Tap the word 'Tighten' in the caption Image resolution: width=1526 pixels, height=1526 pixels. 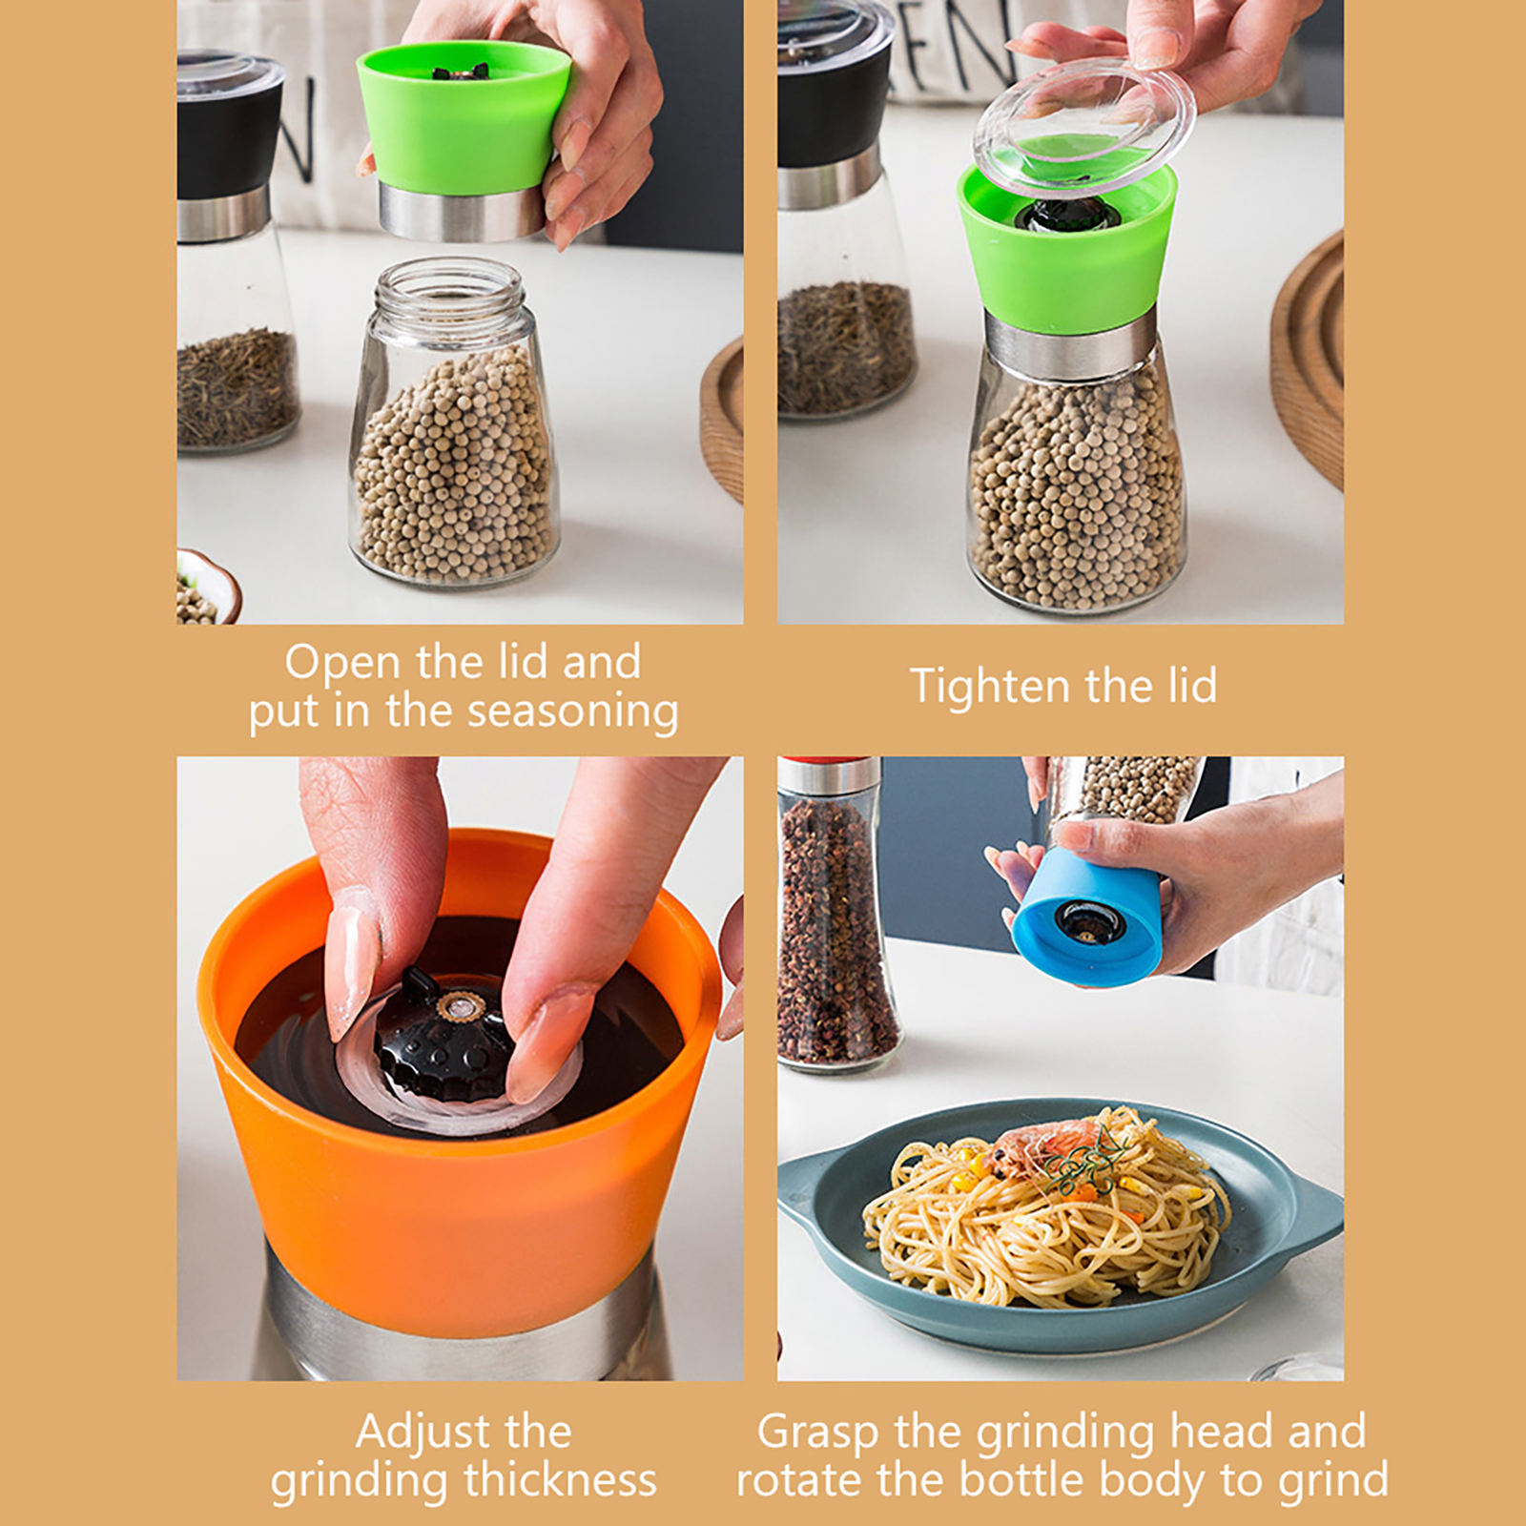tap(990, 686)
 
